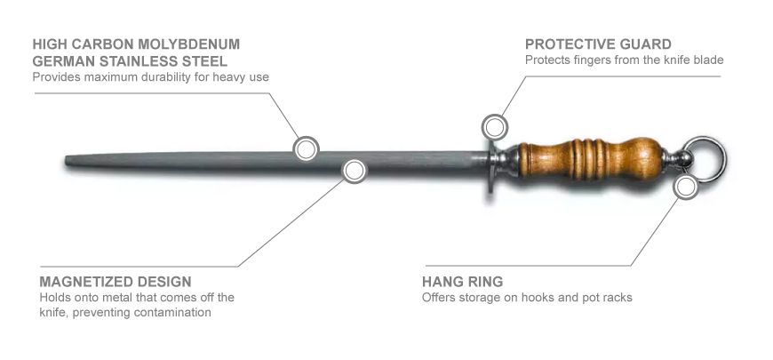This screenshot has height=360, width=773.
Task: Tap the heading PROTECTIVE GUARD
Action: (x=598, y=44)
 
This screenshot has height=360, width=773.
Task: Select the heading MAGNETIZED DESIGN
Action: (x=116, y=282)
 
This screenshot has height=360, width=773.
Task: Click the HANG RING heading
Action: (x=462, y=282)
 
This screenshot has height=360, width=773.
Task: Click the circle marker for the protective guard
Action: (x=495, y=127)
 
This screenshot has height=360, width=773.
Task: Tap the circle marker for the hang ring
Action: (x=686, y=187)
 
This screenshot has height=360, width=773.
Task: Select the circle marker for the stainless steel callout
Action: (x=306, y=148)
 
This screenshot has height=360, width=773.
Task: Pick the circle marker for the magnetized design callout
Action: (x=354, y=171)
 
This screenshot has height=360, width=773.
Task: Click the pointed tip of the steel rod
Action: (x=67, y=161)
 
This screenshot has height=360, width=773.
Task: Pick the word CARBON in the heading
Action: (x=102, y=44)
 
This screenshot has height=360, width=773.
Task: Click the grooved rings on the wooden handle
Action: (x=586, y=159)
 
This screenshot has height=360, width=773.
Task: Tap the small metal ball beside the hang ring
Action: (x=683, y=158)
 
